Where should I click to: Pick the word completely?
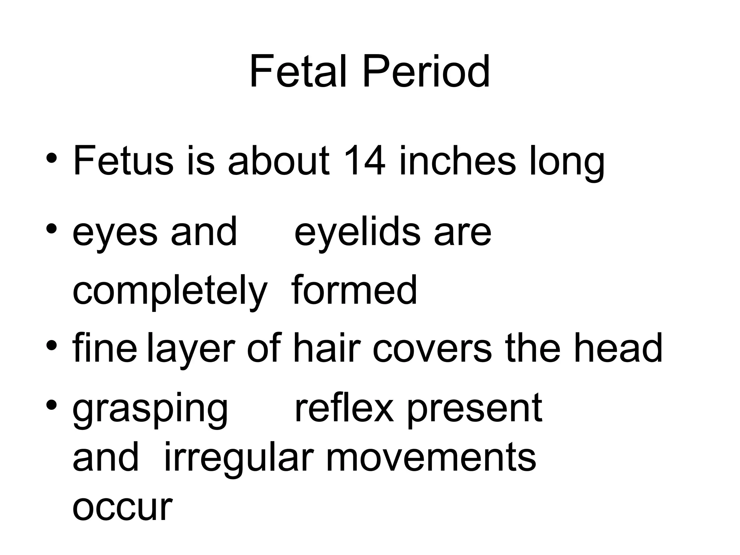point(170,291)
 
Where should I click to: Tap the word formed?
point(354,290)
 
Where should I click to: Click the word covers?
point(432,349)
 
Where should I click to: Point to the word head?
point(618,348)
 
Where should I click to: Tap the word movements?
point(431,458)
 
